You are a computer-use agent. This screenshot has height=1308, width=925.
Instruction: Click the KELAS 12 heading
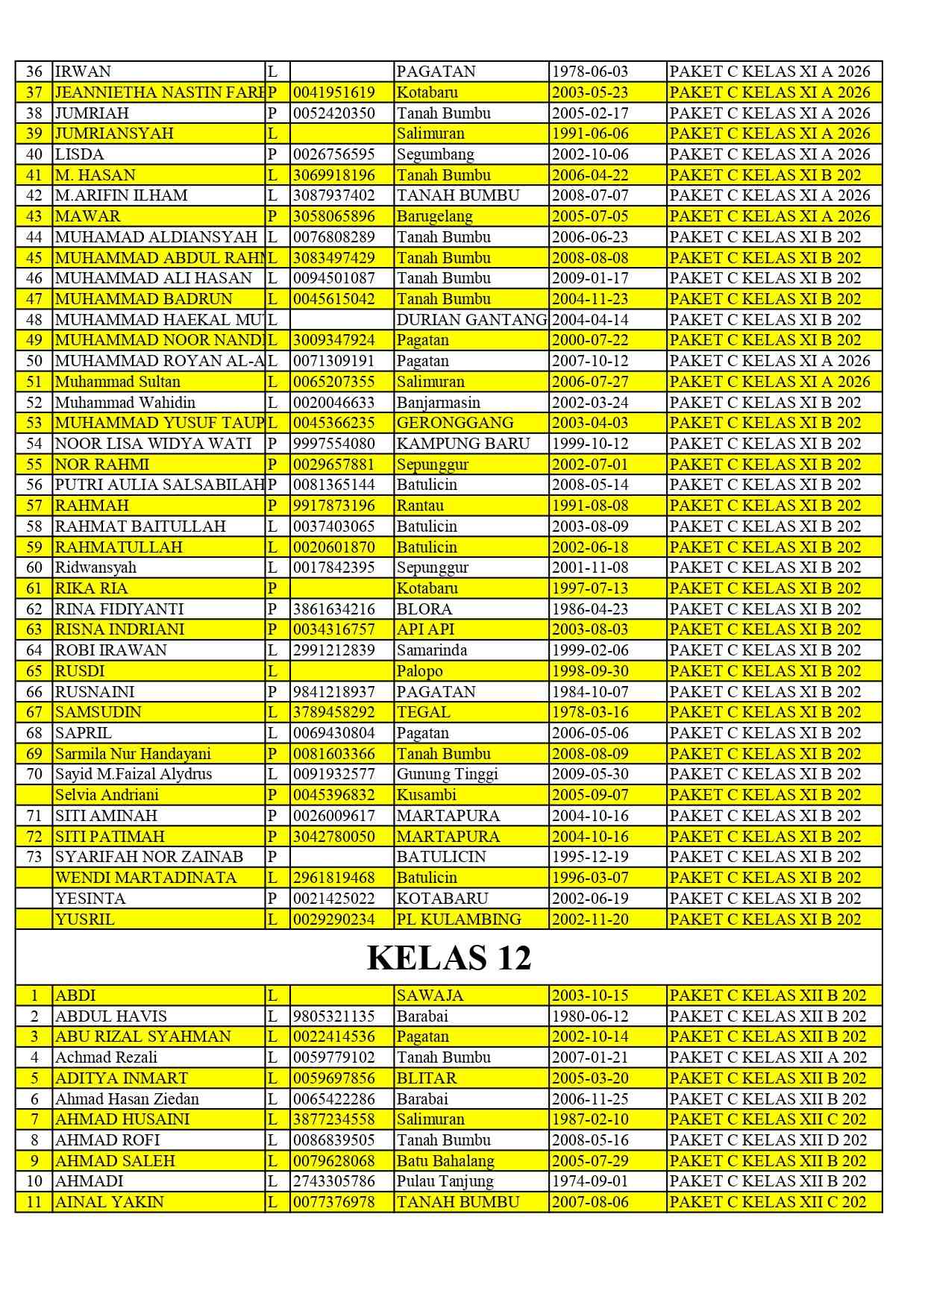pyautogui.click(x=449, y=958)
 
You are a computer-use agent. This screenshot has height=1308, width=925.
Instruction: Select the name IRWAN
pyautogui.click(x=83, y=72)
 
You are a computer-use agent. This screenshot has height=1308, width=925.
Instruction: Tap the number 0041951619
pyautogui.click(x=333, y=92)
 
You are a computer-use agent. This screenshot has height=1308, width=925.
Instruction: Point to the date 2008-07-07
pyautogui.click(x=589, y=195)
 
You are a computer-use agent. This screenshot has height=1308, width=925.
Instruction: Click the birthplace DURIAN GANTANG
pyautogui.click(x=471, y=320)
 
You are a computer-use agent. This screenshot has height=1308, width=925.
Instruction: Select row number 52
pyautogui.click(x=34, y=403)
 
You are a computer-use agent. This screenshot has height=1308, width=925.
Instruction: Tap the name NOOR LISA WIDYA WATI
pyautogui.click(x=153, y=444)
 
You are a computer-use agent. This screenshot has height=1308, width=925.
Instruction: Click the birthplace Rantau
pyautogui.click(x=420, y=506)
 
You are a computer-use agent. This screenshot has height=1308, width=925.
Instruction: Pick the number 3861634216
pyautogui.click(x=333, y=609)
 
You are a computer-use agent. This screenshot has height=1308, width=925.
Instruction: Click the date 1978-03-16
pyautogui.click(x=589, y=712)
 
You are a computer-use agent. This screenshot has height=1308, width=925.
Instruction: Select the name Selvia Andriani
pyautogui.click(x=107, y=795)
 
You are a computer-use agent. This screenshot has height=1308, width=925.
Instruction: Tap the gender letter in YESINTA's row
pyautogui.click(x=272, y=899)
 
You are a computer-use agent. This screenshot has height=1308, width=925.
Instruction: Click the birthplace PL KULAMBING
pyautogui.click(x=459, y=919)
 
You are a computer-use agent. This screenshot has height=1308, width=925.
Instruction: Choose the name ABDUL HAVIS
pyautogui.click(x=110, y=1016)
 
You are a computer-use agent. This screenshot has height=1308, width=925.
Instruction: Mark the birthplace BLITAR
pyautogui.click(x=426, y=1078)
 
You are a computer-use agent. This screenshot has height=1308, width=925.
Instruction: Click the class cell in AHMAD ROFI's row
pyautogui.click(x=768, y=1140)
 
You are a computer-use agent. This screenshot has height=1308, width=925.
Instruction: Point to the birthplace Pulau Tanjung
pyautogui.click(x=445, y=1181)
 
